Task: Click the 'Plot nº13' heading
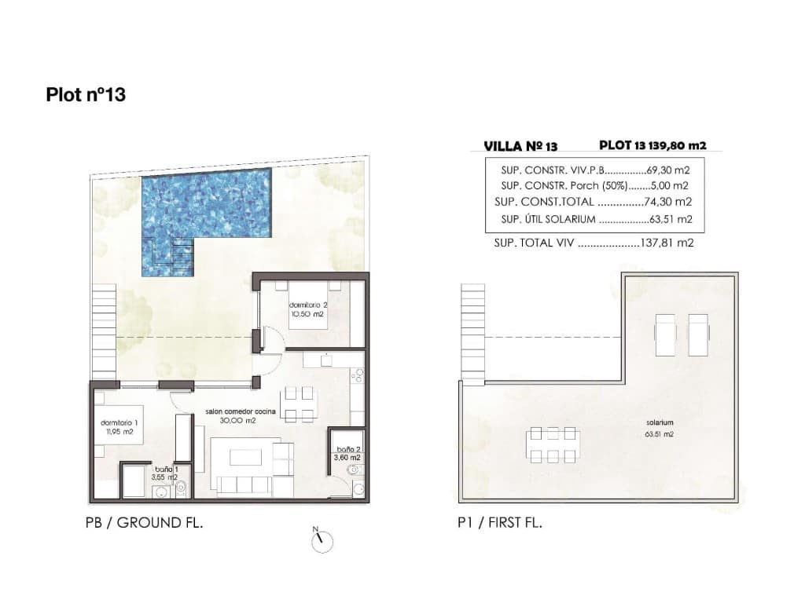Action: (86, 95)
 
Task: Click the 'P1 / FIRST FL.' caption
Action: (499, 522)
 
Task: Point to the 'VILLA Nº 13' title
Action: (520, 146)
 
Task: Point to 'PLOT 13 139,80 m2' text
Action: (652, 145)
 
